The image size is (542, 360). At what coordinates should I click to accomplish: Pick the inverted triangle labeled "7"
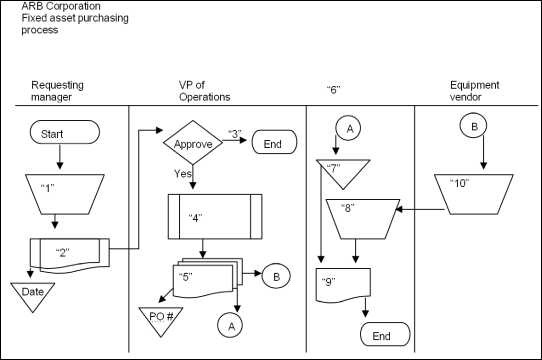[342, 173]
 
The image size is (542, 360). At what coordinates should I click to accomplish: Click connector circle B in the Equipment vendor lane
[471, 127]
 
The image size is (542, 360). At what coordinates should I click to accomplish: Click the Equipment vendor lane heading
[474, 91]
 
